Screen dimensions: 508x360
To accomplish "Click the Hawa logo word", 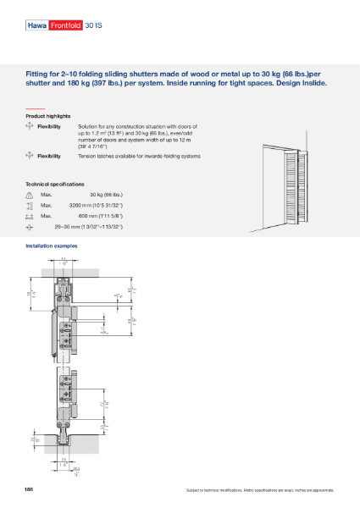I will click(38, 26).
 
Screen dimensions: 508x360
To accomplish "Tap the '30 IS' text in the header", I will click(93, 26).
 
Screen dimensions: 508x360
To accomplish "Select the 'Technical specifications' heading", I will click(55, 184).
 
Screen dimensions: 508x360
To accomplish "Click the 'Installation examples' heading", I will click(53, 246).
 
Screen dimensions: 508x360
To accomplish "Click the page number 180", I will click(29, 489).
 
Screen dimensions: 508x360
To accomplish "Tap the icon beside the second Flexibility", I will click(30, 156).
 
